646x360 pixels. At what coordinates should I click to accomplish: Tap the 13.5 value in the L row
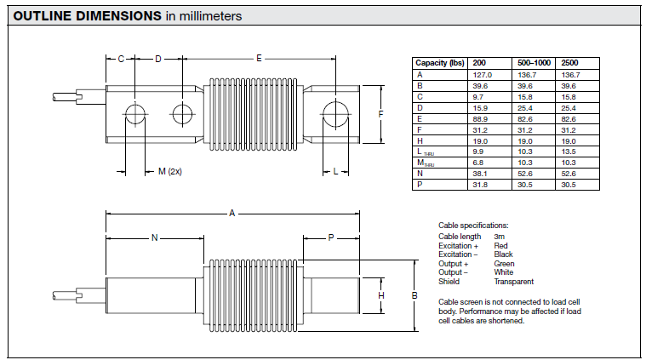[x=569, y=151]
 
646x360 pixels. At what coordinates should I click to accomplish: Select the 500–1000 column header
[x=535, y=63]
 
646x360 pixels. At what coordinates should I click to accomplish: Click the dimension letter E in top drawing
[x=259, y=58]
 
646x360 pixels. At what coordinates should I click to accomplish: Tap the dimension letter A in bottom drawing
[x=232, y=213]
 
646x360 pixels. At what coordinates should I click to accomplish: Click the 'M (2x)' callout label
[x=170, y=171]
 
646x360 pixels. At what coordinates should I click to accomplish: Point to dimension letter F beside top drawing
[x=380, y=113]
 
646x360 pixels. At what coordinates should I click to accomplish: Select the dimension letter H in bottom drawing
[x=381, y=295]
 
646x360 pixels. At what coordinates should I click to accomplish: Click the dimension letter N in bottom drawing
[x=154, y=238]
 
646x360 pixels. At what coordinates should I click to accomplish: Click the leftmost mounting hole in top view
[x=134, y=113]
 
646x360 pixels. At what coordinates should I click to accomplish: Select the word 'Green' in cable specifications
[x=504, y=264]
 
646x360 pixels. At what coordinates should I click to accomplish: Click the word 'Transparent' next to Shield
[x=513, y=282]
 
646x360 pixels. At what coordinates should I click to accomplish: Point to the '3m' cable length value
[x=499, y=236]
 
